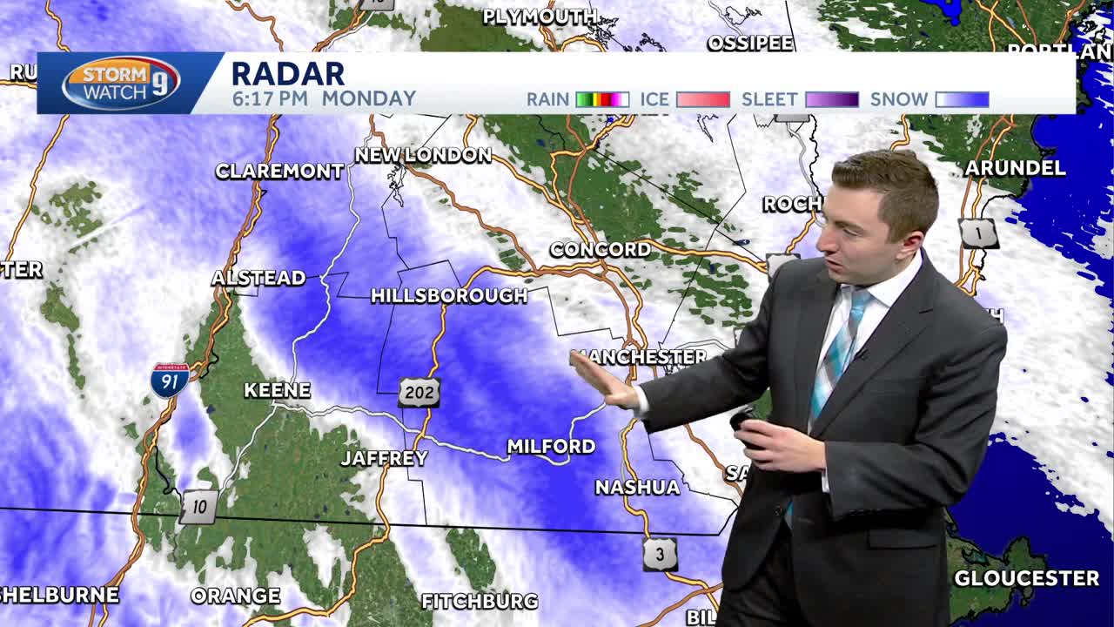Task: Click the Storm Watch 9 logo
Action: tap(121, 83)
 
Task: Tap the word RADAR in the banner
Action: tap(288, 73)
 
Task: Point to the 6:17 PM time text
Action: tap(270, 99)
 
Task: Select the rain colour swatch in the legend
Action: tap(602, 99)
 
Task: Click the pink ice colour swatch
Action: tap(702, 99)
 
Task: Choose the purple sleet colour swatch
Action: tap(832, 99)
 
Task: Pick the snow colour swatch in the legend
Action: tap(962, 99)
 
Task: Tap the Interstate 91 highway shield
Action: tap(170, 381)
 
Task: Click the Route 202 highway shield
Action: tap(419, 393)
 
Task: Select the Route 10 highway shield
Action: tap(198, 507)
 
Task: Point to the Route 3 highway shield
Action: tap(660, 554)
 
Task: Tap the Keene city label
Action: tap(277, 390)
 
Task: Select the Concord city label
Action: tap(601, 250)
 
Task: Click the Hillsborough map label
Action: tap(449, 296)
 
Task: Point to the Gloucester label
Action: tap(1026, 578)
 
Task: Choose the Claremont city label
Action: tap(279, 171)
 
